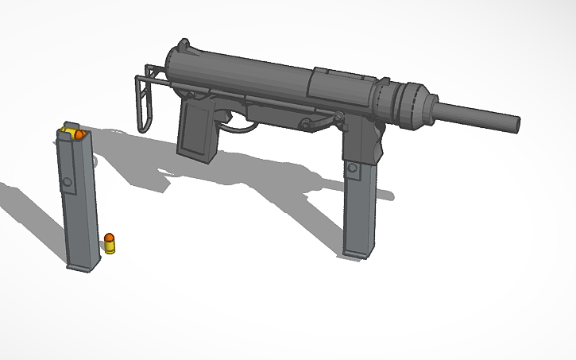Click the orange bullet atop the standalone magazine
79,135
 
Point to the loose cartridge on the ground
110,242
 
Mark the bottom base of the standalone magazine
83,265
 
